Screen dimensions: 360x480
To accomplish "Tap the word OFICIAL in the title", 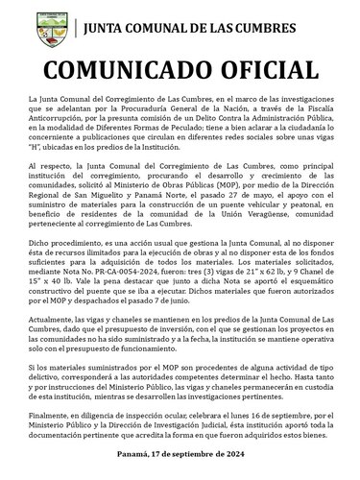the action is (259, 69).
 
